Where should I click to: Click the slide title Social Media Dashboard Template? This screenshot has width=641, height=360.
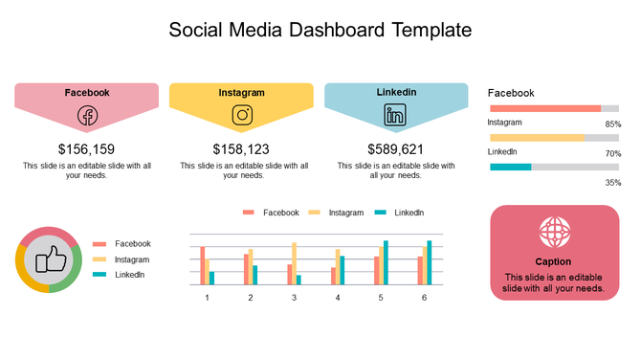coord(320,30)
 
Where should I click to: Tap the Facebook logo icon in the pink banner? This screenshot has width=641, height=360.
coord(87,116)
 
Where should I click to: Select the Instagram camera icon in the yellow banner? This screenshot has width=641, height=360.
coord(242,116)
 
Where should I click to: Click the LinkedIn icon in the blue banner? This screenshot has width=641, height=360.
coord(395,116)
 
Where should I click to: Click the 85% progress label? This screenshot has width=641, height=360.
coord(612,124)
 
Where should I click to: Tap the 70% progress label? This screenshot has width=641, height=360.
coord(612,153)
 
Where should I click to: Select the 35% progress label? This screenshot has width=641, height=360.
coord(612,182)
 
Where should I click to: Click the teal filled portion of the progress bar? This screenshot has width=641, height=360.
coord(510,167)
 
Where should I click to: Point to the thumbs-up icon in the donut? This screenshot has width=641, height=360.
coord(48,259)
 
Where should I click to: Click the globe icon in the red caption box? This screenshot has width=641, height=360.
coord(553,231)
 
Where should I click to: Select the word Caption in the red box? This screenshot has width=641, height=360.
coord(553,261)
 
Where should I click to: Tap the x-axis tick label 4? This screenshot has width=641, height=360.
coord(338,298)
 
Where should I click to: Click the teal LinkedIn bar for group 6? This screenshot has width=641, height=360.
coord(430,262)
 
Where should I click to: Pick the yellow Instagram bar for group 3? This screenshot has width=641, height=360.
coord(294,263)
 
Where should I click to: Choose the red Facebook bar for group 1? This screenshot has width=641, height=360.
coord(203,265)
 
